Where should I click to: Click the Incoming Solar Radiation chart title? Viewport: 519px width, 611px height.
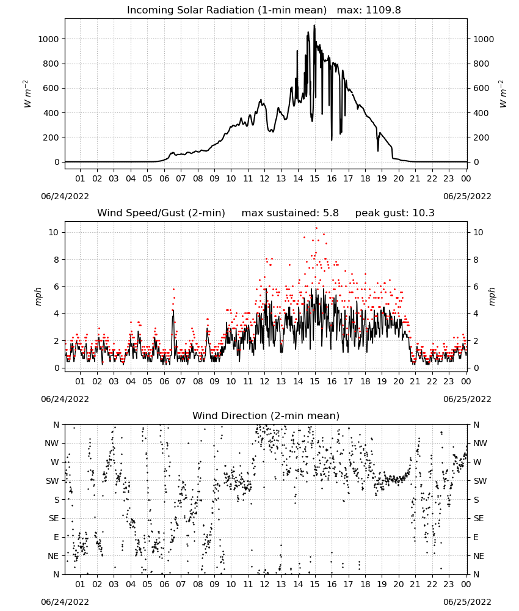227,10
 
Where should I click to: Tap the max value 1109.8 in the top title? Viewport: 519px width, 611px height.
383,10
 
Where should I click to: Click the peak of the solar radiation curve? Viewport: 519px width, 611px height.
314,26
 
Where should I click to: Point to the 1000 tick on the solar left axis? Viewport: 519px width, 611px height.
48,39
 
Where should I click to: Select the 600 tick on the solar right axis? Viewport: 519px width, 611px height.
481,88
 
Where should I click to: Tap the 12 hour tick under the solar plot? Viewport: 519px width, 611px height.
264,178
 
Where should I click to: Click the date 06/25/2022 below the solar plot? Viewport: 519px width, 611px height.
467,196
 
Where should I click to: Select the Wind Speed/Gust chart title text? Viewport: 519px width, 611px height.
161,213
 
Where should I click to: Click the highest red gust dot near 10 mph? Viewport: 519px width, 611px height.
316,228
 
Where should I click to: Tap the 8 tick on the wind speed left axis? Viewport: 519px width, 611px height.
57,260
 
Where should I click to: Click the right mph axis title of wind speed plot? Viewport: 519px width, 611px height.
492,296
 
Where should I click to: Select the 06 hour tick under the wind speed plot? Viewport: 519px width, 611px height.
164,381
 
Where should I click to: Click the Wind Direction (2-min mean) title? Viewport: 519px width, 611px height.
266,415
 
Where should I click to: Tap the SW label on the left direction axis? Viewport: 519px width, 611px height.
53,481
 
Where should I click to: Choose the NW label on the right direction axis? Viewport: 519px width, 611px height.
480,443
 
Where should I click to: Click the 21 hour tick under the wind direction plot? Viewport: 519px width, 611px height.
415,584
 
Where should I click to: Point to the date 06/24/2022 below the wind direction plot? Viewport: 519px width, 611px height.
65,602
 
